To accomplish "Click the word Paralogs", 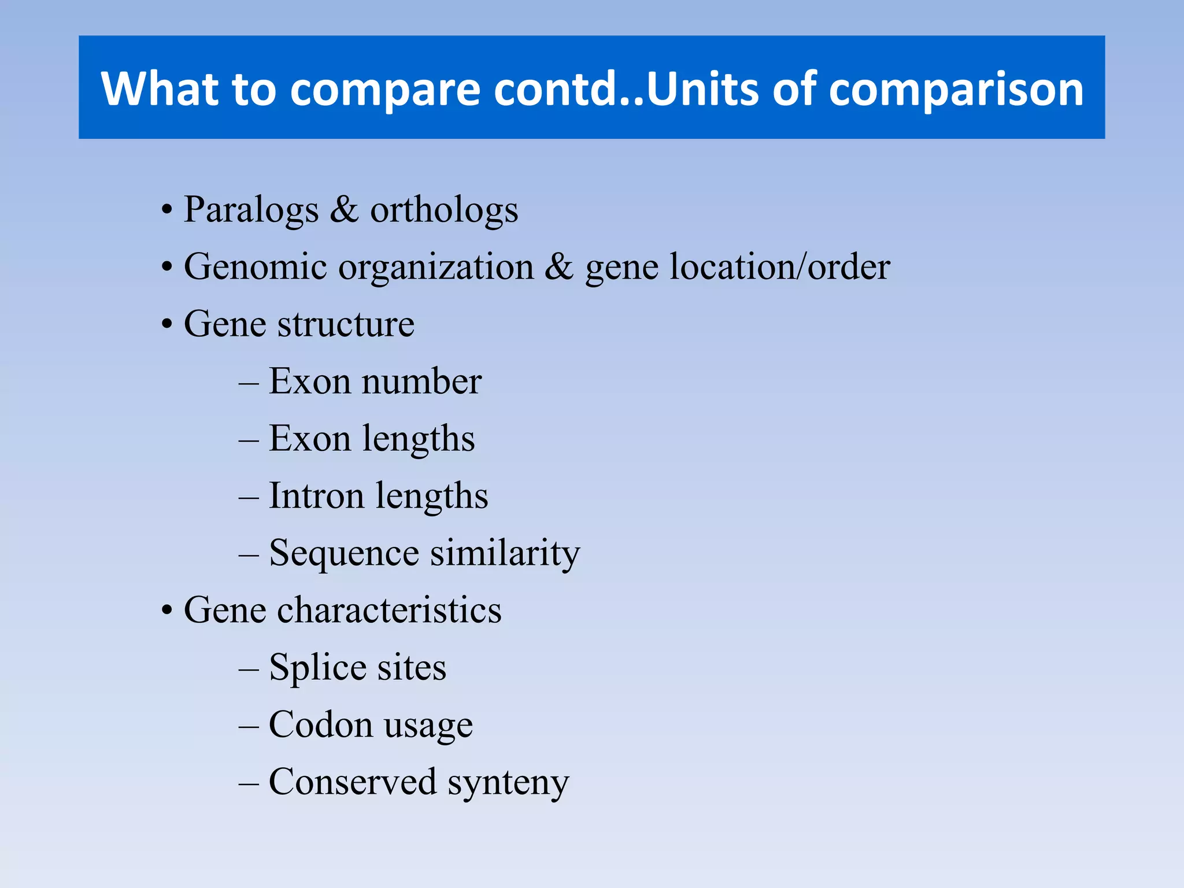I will (x=251, y=210).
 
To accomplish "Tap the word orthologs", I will (x=444, y=210).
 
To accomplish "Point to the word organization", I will (x=436, y=267).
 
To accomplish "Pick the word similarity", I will (x=505, y=553).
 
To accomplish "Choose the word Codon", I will (x=320, y=724).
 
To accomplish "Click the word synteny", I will (x=508, y=782).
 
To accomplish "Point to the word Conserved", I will (x=352, y=782).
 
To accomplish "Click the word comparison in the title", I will (x=956, y=90).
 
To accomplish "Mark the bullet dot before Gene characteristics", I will (x=167, y=610).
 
